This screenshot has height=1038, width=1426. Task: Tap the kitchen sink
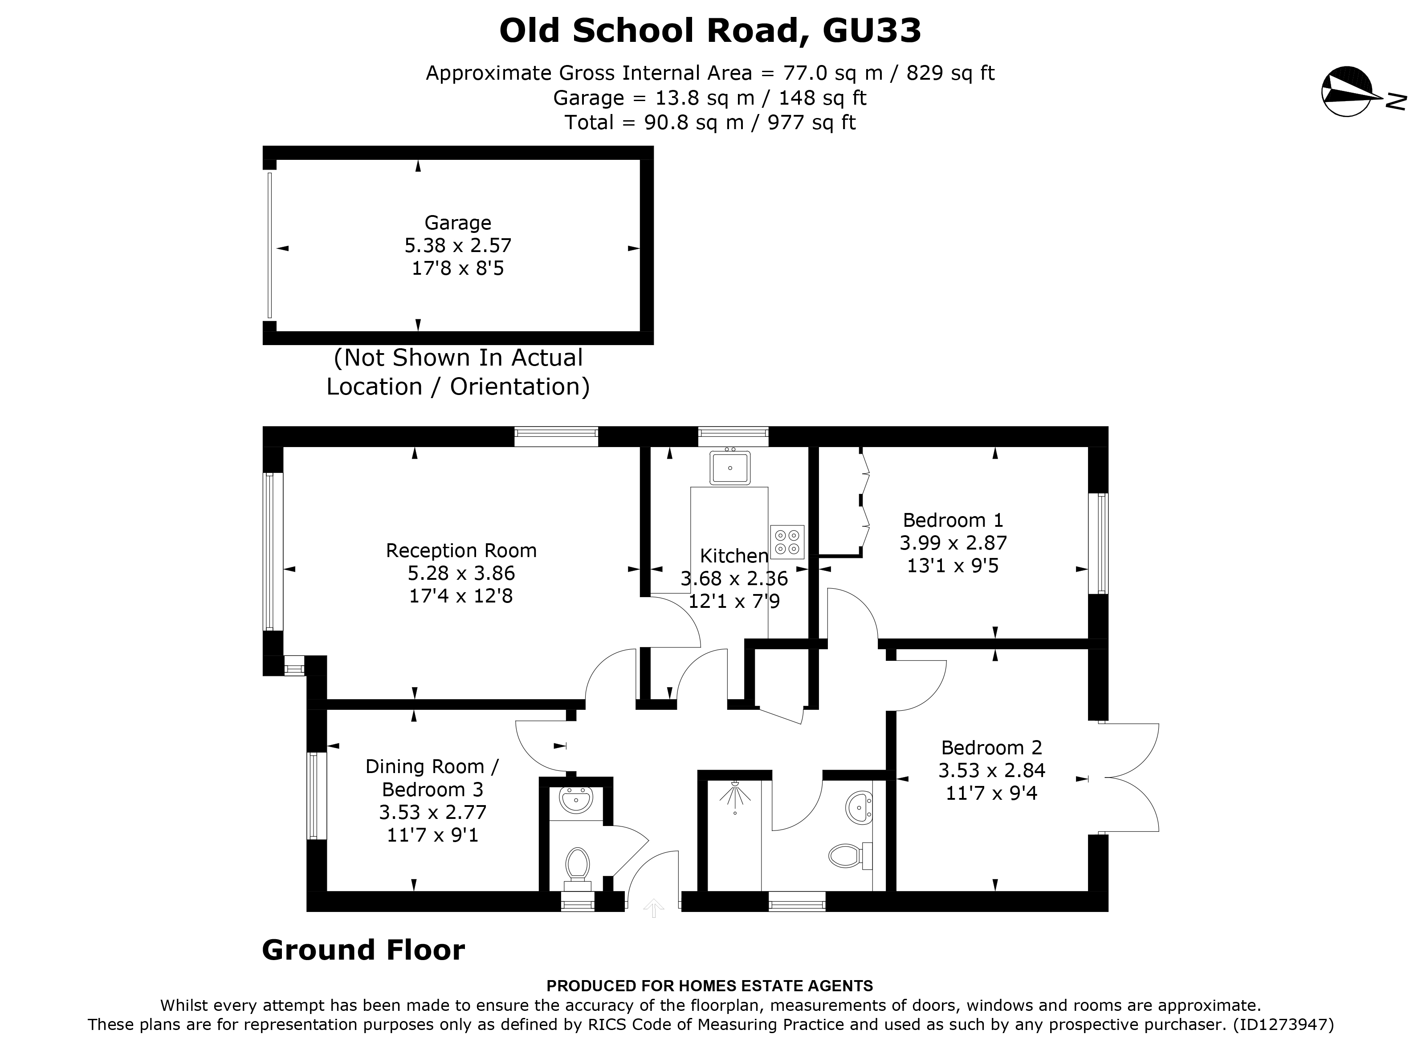click(x=730, y=468)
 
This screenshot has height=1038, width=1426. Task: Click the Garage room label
click(x=458, y=223)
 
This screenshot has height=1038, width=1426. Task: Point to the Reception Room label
click(x=461, y=551)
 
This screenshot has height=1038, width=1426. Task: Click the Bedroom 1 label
click(x=953, y=520)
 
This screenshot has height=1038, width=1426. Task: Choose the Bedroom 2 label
click(x=991, y=748)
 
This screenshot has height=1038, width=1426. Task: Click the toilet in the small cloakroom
click(x=577, y=864)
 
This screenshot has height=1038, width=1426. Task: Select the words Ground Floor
click(x=363, y=950)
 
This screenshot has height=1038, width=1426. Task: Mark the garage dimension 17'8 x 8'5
click(x=458, y=269)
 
